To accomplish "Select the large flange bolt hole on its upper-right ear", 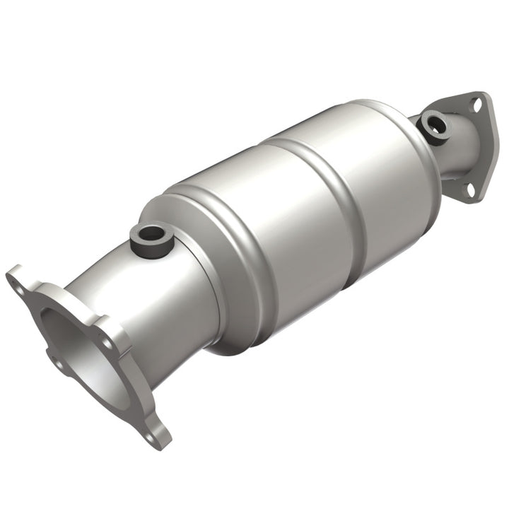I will pos(106,342).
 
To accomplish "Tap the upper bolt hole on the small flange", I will pos(476,104).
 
